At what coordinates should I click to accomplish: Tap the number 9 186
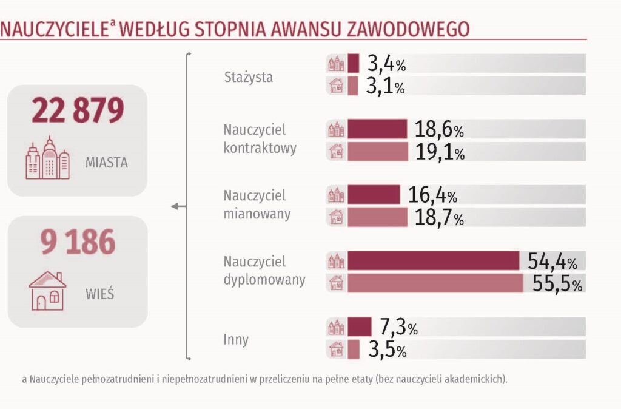77,242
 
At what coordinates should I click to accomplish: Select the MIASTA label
106,163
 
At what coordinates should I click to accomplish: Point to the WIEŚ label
100,295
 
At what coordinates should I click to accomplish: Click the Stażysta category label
248,77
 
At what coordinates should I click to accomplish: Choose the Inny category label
236,339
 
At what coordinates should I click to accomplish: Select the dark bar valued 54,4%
433,260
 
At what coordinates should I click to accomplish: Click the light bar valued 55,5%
435,283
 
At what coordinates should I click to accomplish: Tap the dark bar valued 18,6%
377,129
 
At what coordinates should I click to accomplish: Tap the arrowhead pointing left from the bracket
175,207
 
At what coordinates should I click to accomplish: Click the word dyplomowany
264,281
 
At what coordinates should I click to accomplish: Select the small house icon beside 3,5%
336,350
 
